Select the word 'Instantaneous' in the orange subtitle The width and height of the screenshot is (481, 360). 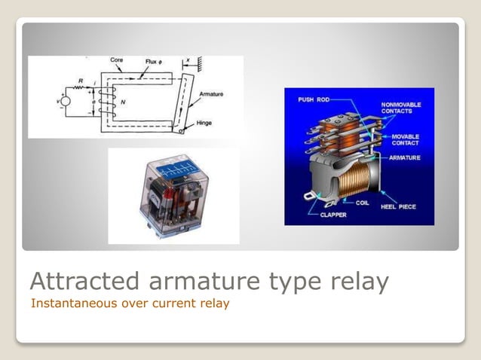point(64,304)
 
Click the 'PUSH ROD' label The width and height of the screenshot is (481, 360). point(313,99)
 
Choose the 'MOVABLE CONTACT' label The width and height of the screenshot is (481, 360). point(406,139)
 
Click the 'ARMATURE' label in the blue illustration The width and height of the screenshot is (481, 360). point(406,158)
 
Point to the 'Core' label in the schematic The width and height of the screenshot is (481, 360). point(116,59)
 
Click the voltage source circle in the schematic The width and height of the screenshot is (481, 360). point(66,101)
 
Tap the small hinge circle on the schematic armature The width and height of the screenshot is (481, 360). point(180,130)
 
